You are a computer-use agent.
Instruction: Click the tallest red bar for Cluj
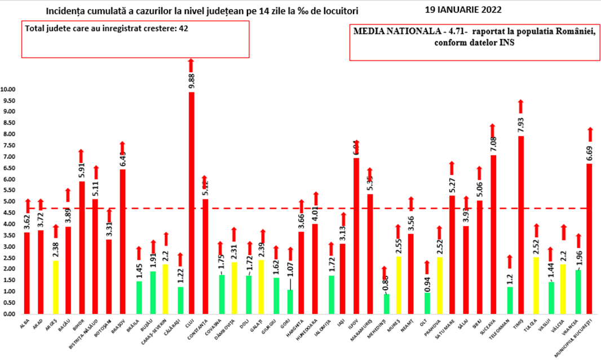point(192,203)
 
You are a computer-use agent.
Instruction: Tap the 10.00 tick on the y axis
point(8,90)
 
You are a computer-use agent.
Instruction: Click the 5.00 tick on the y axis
point(10,202)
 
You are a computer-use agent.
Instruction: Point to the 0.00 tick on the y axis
point(10,314)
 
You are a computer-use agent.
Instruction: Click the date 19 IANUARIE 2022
point(463,10)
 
